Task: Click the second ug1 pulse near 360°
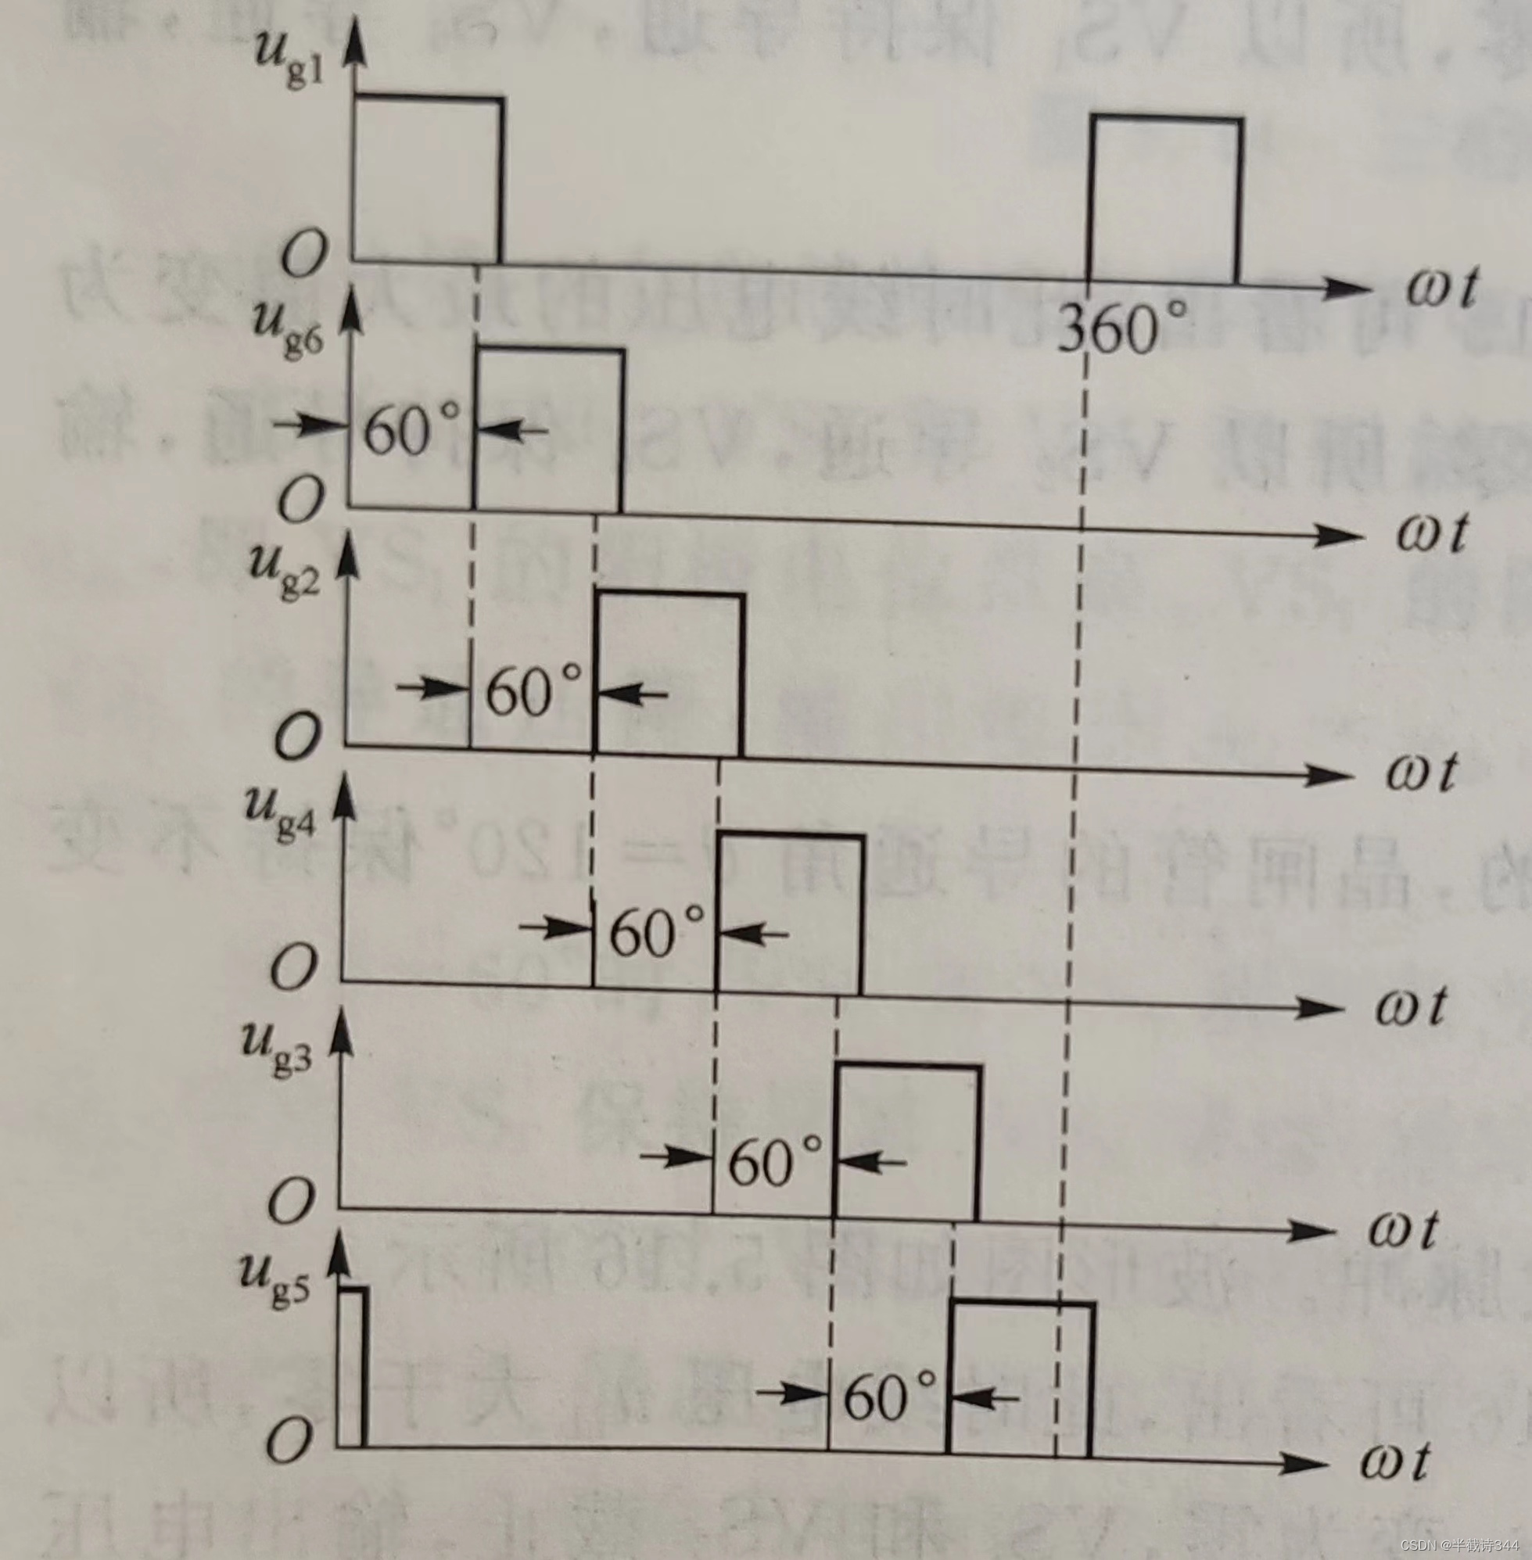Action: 1164,201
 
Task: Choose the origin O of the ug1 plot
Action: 304,256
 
